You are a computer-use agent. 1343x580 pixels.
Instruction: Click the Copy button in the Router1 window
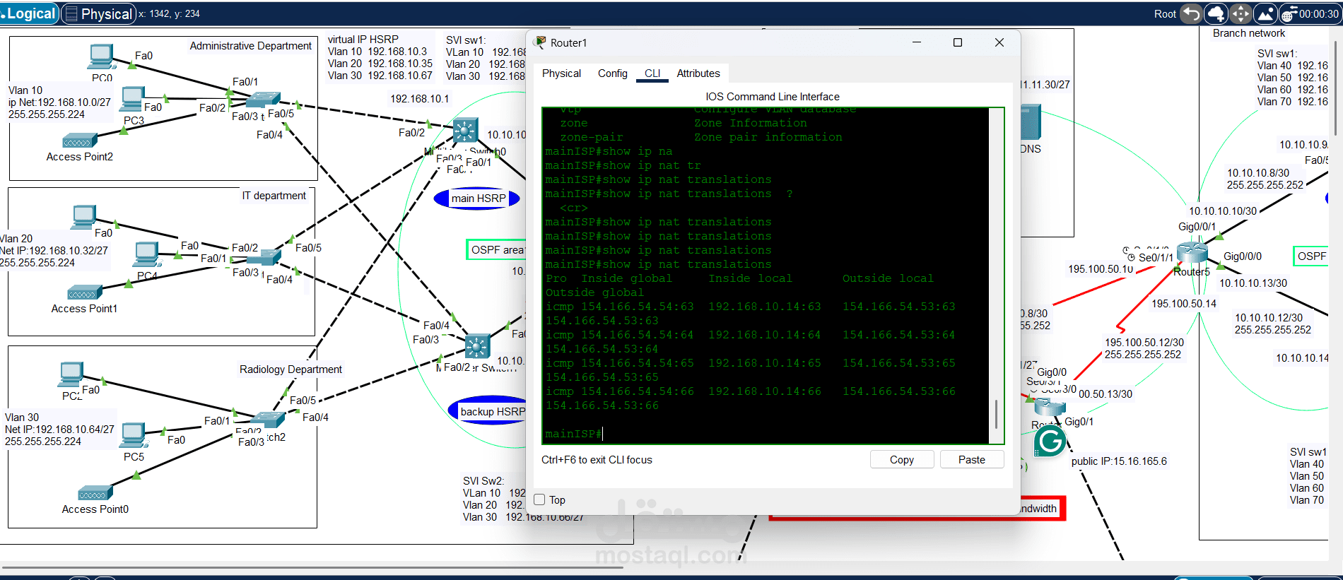pyautogui.click(x=901, y=460)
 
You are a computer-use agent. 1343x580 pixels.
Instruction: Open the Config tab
pyautogui.click(x=612, y=73)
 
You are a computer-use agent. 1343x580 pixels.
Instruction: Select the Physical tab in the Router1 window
pyautogui.click(x=561, y=73)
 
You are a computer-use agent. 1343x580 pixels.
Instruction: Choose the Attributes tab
pyautogui.click(x=698, y=73)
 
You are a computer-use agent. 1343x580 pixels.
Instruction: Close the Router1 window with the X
pyautogui.click(x=999, y=43)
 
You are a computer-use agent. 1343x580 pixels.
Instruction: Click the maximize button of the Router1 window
pyautogui.click(x=958, y=43)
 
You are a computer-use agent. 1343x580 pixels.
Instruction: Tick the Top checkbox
pyautogui.click(x=540, y=500)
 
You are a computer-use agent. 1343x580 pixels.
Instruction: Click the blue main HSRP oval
pyautogui.click(x=478, y=199)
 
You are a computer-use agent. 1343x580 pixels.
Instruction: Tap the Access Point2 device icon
pyautogui.click(x=79, y=141)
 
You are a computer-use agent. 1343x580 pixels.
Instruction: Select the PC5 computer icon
pyautogui.click(x=134, y=434)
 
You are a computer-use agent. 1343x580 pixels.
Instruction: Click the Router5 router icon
pyautogui.click(x=1192, y=252)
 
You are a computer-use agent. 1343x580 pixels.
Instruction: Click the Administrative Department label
pyautogui.click(x=250, y=46)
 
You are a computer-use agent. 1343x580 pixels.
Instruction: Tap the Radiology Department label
pyautogui.click(x=291, y=369)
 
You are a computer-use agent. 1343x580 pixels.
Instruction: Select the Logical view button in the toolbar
pyautogui.click(x=29, y=14)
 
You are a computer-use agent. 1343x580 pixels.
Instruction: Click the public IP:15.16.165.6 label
pyautogui.click(x=1119, y=461)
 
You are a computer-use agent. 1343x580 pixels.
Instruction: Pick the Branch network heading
pyautogui.click(x=1249, y=33)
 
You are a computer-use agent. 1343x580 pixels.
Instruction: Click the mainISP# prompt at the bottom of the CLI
pyautogui.click(x=573, y=434)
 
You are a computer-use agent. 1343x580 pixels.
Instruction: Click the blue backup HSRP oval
pyautogui.click(x=489, y=412)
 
